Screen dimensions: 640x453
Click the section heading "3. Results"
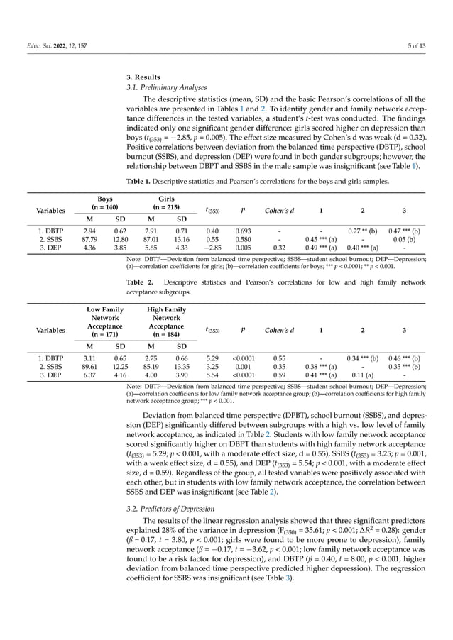click(x=142, y=77)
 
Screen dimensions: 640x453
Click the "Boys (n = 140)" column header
click(x=104, y=204)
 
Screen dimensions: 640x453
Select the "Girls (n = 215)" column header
click(x=166, y=204)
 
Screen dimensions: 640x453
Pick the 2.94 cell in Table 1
click(x=89, y=231)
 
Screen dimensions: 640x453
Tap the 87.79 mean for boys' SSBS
click(x=89, y=240)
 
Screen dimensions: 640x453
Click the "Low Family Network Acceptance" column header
click(x=104, y=322)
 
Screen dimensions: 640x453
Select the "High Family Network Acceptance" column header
click(x=166, y=322)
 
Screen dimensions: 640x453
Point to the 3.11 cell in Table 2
click(x=89, y=358)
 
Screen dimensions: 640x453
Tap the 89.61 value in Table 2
click(x=89, y=367)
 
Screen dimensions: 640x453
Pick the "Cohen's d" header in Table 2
click(x=279, y=330)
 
